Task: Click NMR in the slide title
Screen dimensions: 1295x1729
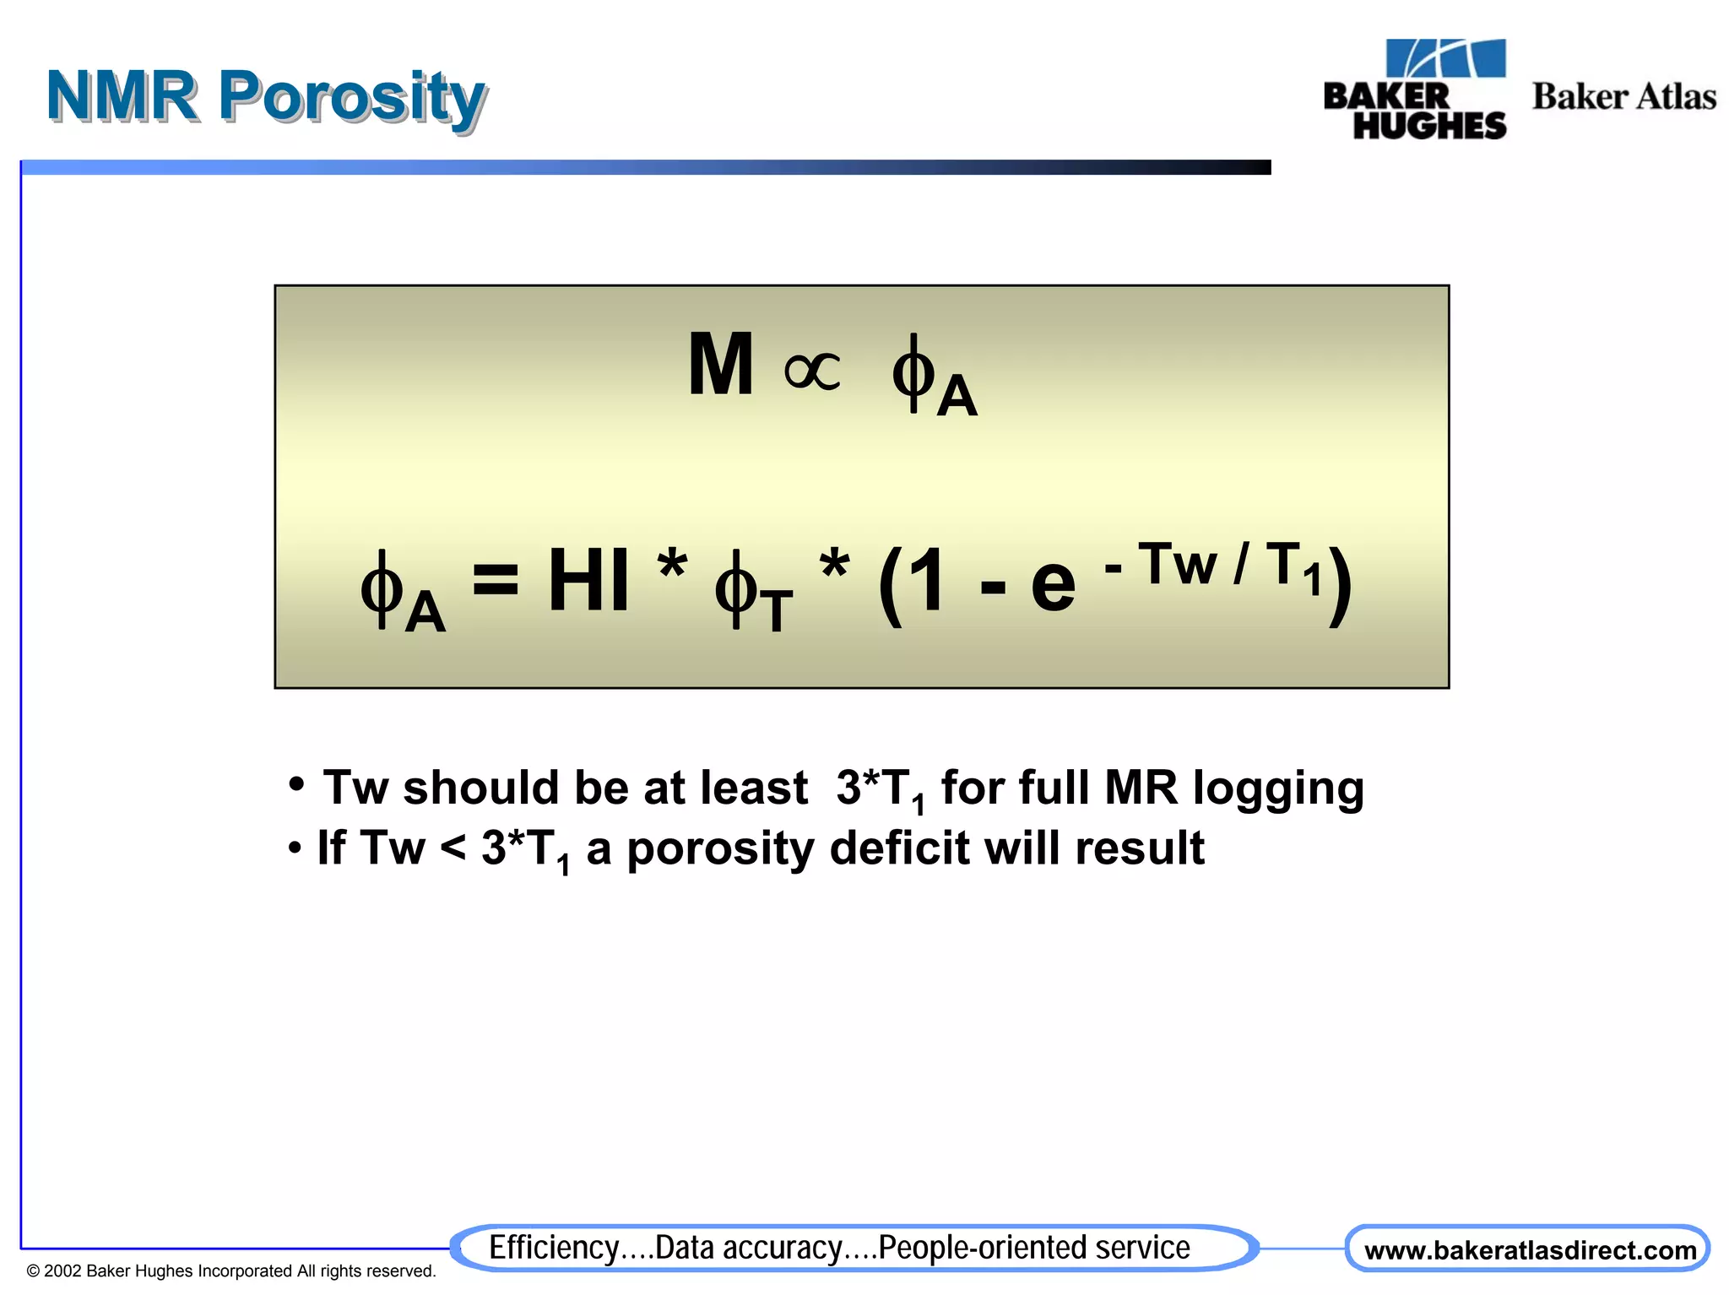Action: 122,96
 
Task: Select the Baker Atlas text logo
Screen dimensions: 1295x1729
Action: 1623,96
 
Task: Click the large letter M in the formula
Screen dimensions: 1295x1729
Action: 720,365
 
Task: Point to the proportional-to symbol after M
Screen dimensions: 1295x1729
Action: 812,371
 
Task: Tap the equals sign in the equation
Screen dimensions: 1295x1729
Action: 496,581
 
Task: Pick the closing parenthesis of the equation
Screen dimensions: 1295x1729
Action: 1340,584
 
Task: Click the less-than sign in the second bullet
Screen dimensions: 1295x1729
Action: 453,847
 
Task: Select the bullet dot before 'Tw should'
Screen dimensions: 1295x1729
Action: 295,784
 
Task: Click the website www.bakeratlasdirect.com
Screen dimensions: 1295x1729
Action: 1529,1250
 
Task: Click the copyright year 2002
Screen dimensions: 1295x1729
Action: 62,1271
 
